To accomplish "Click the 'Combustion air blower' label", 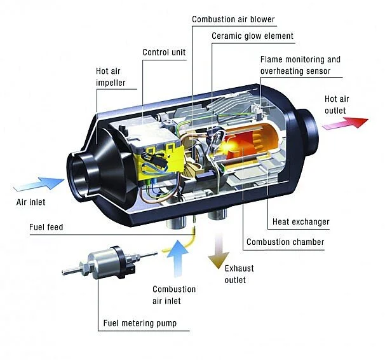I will (x=233, y=19).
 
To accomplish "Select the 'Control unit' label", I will (x=163, y=52).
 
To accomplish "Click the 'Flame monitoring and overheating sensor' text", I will (x=301, y=65).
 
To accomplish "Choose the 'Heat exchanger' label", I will (x=301, y=222).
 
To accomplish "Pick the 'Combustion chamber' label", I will (x=285, y=242).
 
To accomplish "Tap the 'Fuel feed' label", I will (x=46, y=227).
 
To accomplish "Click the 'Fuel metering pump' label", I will (x=140, y=323).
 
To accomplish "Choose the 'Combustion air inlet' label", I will (x=174, y=295).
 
